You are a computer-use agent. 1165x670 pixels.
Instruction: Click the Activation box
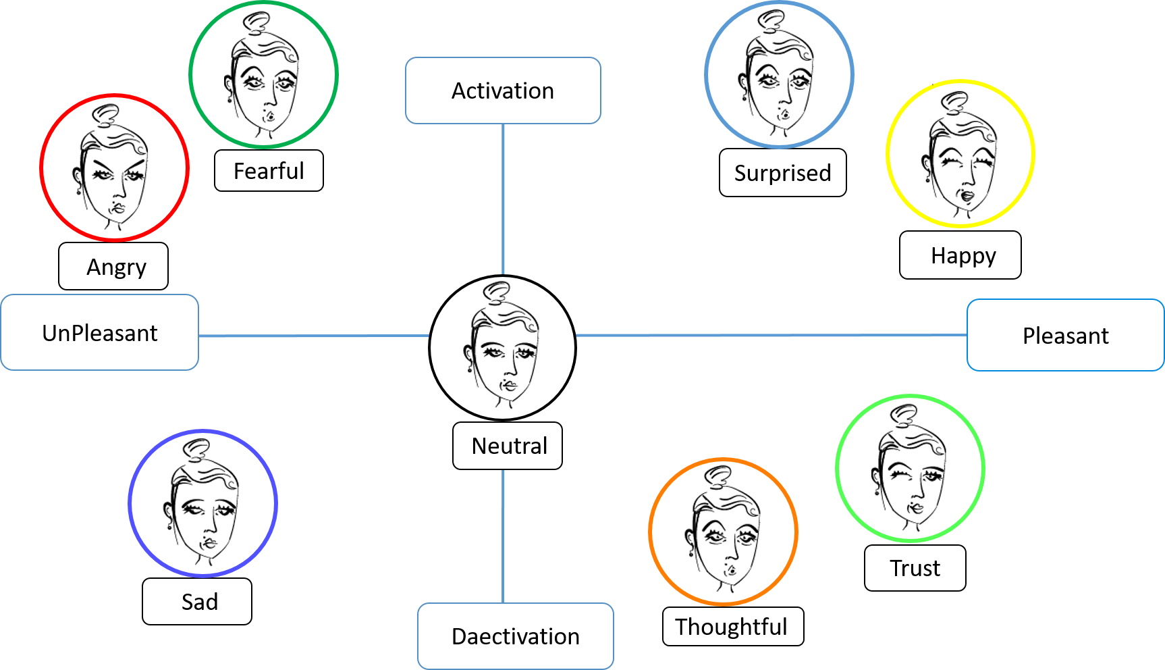tap(503, 91)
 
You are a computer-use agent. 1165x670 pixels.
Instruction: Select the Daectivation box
tap(515, 636)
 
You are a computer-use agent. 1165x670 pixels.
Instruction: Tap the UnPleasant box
tap(100, 333)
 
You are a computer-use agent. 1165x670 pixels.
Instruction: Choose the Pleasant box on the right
tap(1065, 336)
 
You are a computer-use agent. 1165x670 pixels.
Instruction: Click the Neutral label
tap(508, 446)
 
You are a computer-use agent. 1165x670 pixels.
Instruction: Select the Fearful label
tap(269, 171)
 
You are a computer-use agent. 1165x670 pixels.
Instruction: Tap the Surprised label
tap(782, 173)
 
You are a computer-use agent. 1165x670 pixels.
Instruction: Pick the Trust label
tap(915, 568)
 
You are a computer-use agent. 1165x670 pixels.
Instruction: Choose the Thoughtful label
tap(732, 627)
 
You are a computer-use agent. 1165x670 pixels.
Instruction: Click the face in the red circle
tap(114, 167)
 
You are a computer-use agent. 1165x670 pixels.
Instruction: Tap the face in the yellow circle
tap(960, 154)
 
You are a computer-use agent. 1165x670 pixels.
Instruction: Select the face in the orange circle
tap(724, 532)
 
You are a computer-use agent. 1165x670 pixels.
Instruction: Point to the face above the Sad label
tap(202, 503)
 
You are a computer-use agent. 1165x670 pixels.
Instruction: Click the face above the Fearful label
tap(263, 74)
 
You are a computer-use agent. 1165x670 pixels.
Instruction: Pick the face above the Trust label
tap(911, 468)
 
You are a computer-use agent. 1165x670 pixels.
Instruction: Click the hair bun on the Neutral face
tap(498, 292)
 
